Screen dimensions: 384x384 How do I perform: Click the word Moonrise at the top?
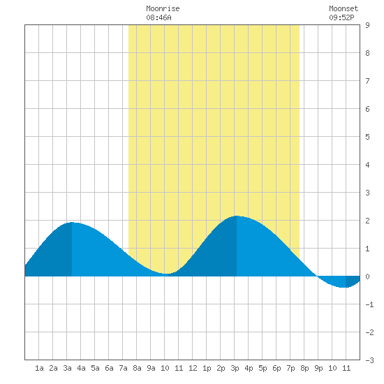coord(163,8)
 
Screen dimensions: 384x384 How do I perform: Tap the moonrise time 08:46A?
coord(158,17)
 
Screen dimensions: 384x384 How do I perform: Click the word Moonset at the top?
coord(344,8)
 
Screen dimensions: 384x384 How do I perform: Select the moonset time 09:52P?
coord(341,17)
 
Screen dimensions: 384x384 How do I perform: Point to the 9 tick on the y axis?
coord(367,25)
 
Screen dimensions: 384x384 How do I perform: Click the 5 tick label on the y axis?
coord(367,137)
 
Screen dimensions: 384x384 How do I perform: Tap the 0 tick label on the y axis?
coord(367,276)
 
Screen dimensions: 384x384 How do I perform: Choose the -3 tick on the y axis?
coord(369,360)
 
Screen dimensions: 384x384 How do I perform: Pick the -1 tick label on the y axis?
coord(369,304)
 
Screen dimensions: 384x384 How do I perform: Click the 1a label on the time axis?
coord(39,368)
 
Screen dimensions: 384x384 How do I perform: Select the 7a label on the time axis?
coord(123,368)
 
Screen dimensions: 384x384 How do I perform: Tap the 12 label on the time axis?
coord(193,368)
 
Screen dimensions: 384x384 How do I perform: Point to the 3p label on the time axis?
coord(235,368)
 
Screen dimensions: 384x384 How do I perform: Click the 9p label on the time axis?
coord(318,368)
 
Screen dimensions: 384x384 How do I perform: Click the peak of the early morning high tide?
coord(72,222)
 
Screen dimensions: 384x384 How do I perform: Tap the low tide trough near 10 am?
coord(167,274)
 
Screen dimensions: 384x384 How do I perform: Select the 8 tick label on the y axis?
coord(367,53)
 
